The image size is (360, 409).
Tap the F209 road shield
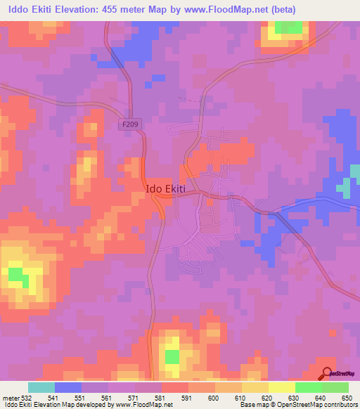point(127,122)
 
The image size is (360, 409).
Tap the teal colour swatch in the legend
point(41,387)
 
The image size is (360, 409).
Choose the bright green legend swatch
point(308,387)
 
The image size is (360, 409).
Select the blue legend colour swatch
point(68,387)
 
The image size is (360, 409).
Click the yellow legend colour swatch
point(281,387)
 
